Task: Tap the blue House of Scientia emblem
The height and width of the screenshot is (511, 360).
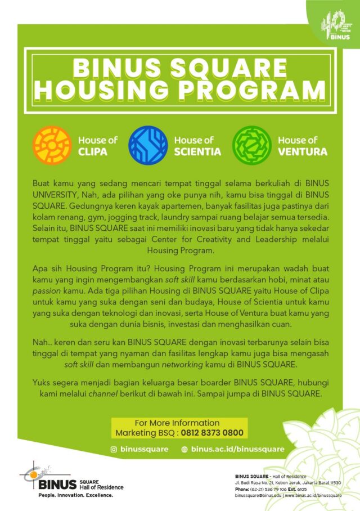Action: pyautogui.click(x=148, y=145)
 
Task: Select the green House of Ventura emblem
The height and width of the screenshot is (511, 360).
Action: pyautogui.click(x=252, y=145)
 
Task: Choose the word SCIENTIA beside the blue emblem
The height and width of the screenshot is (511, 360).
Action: pyautogui.click(x=197, y=151)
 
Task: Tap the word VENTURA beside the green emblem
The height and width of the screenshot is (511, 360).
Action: pyautogui.click(x=303, y=151)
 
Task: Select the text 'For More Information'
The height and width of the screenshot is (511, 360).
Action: pyautogui.click(x=177, y=423)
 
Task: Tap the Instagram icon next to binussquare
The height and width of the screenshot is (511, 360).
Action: pyautogui.click(x=113, y=449)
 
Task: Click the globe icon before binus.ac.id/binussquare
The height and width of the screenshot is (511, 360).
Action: pyautogui.click(x=184, y=449)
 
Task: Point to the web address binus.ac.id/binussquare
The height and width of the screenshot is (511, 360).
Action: pyautogui.click(x=237, y=449)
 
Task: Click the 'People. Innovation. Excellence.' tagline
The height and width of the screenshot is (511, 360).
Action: pyautogui.click(x=75, y=495)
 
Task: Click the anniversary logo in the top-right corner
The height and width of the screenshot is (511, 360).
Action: pyautogui.click(x=336, y=25)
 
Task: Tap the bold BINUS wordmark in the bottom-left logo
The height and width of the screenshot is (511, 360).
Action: pyautogui.click(x=58, y=484)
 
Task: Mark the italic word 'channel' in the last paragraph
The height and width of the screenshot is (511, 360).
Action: pyautogui.click(x=106, y=394)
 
